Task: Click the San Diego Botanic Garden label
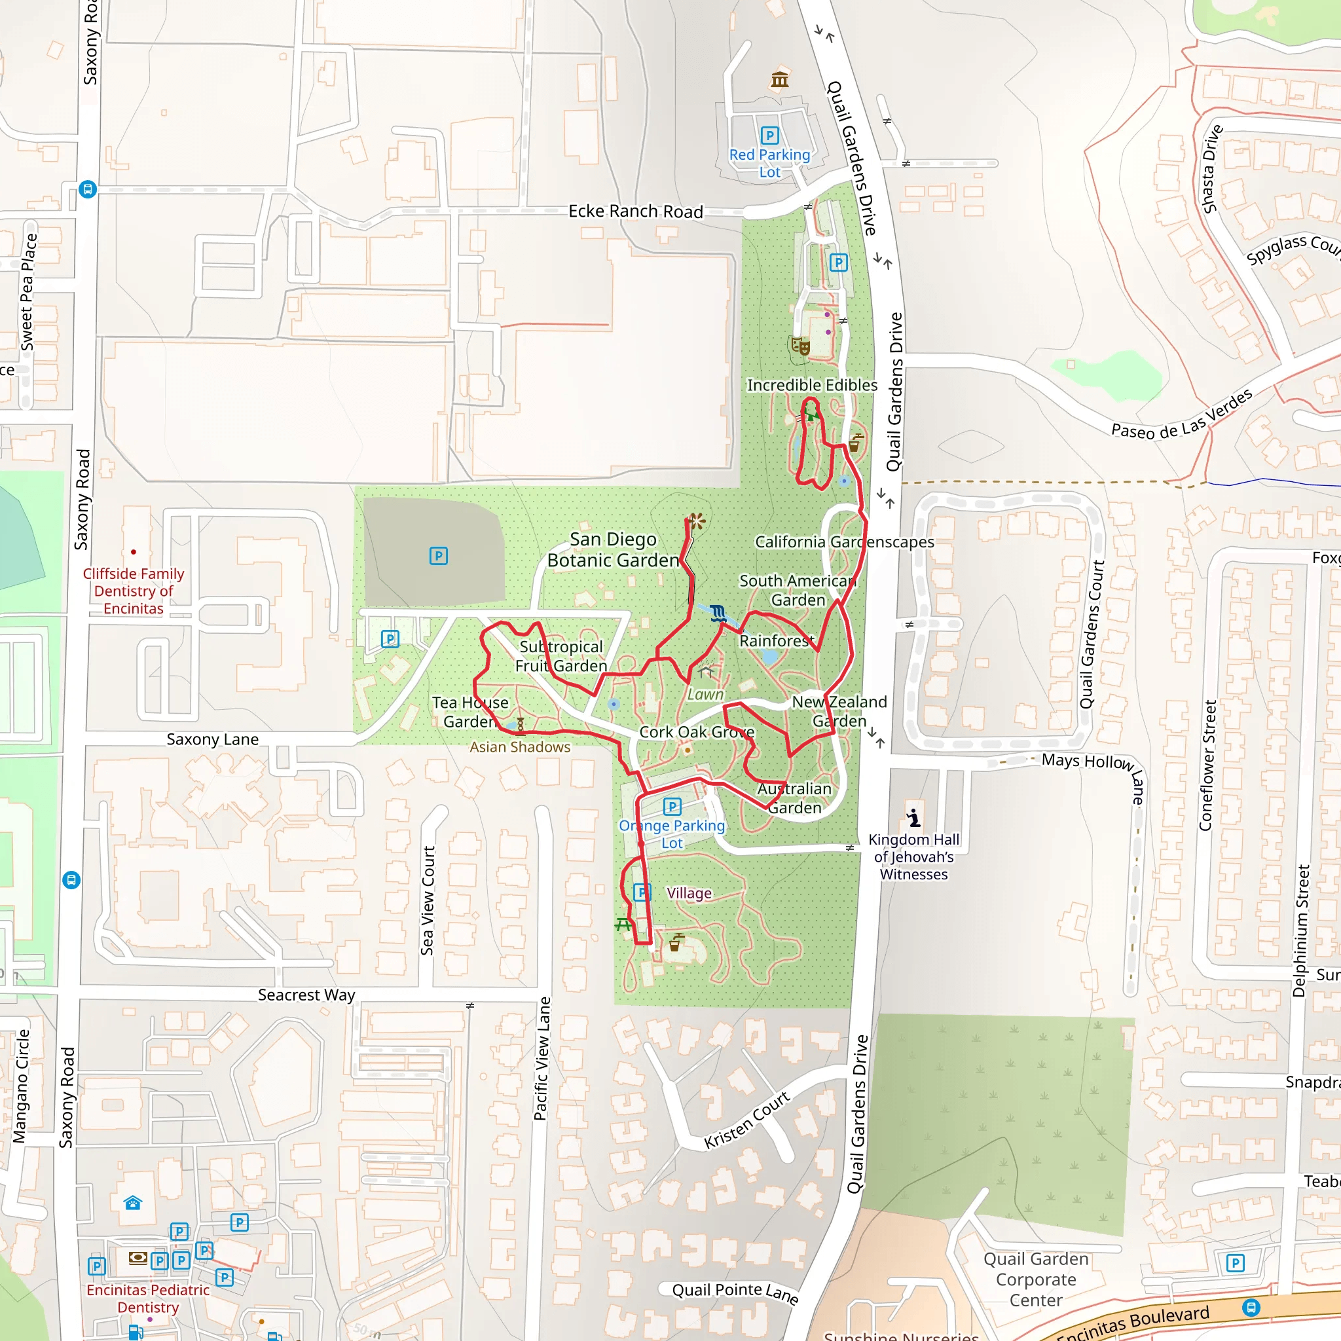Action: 613,550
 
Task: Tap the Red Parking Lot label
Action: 769,163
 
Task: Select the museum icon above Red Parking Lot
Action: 779,80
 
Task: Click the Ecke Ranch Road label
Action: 635,211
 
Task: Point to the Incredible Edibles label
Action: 811,385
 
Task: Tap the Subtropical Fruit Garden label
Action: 561,656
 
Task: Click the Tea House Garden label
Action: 470,712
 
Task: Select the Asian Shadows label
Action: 520,747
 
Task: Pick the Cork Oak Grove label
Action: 696,732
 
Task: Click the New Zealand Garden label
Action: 839,712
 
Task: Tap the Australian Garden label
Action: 794,798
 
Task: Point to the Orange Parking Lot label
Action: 671,834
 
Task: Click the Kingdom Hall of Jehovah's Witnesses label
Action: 913,856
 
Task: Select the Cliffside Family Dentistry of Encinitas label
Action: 134,591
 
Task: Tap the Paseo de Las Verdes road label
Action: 1181,414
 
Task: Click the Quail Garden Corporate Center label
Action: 1036,1279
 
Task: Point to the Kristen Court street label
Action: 746,1120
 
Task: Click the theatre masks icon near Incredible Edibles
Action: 800,345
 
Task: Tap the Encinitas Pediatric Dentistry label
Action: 148,1298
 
